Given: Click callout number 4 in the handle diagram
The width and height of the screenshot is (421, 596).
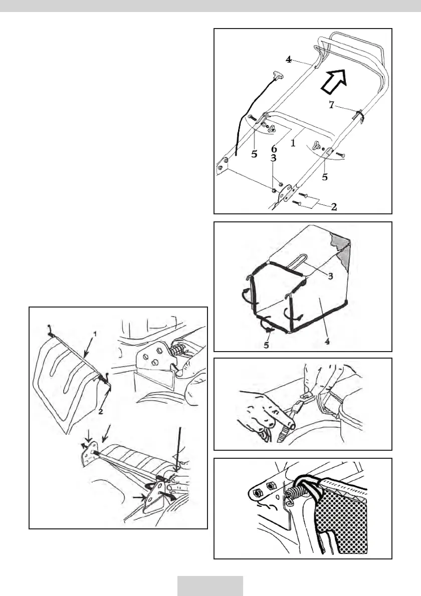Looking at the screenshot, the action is pyautogui.click(x=289, y=59).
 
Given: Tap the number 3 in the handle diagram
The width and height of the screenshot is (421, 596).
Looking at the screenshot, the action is pyautogui.click(x=274, y=159).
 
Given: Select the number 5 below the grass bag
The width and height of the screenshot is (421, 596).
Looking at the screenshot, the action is pyautogui.click(x=267, y=345).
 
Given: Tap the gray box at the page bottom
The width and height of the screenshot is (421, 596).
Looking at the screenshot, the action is pyautogui.click(x=210, y=585).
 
